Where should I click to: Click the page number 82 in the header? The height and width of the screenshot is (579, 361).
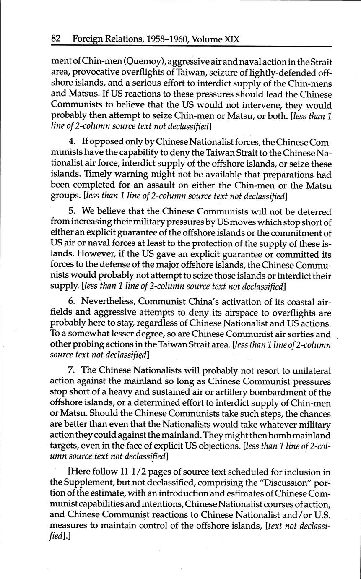tap(56, 39)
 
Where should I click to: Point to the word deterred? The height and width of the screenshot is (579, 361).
tap(312, 211)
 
